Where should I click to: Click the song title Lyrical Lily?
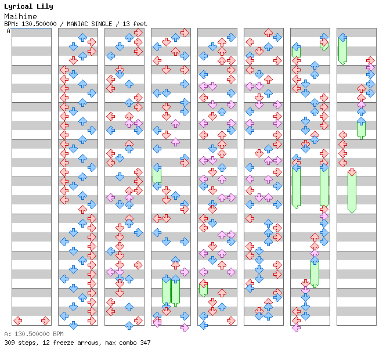point(28,6)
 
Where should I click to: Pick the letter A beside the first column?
point(9,31)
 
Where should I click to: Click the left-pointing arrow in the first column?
point(17,321)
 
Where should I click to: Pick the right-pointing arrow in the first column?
point(45,321)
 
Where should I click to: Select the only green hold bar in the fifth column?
point(203,289)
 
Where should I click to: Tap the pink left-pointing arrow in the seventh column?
point(296,327)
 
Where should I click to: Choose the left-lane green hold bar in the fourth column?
point(157,174)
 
